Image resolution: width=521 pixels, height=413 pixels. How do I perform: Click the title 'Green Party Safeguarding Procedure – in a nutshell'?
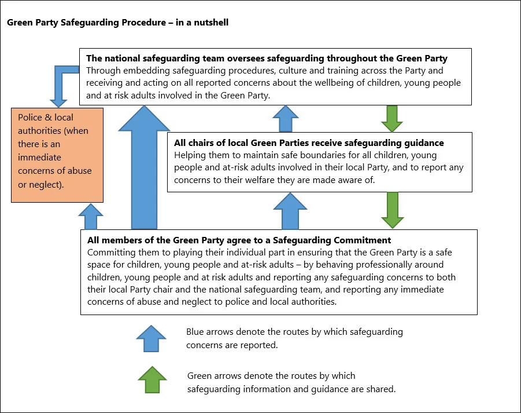117,22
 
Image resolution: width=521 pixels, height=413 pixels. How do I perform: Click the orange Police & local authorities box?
57,155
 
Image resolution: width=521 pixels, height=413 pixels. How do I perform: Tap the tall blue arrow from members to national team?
144,167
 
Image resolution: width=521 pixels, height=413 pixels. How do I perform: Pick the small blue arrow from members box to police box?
91,217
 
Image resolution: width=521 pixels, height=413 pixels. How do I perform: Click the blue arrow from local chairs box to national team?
286,119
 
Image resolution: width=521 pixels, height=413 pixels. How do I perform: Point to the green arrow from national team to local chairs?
392,119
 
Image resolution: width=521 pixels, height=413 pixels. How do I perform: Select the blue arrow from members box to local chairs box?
290,211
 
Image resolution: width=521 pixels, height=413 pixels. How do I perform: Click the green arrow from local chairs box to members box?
393,210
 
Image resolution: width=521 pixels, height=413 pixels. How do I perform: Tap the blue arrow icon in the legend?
151,338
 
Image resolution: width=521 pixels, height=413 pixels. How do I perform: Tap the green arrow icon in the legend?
152,380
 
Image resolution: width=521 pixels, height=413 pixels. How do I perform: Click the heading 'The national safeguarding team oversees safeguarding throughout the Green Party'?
267,59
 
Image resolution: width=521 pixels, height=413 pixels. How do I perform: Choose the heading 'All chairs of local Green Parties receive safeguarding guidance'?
309,142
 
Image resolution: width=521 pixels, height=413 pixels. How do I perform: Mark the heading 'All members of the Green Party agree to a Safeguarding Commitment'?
239,240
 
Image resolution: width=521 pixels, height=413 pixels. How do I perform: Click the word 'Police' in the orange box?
30,118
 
